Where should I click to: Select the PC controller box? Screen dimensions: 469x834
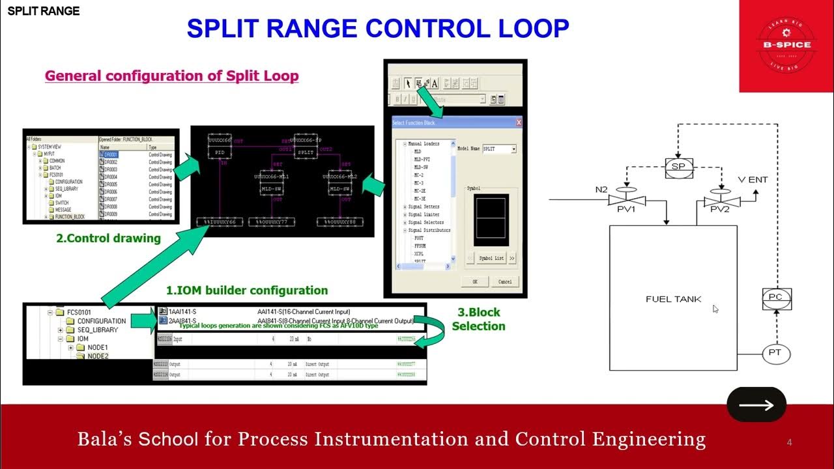775,298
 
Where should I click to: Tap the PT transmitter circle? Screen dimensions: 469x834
775,354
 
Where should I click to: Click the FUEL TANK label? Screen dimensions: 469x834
673,299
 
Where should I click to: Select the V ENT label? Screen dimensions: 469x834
753,180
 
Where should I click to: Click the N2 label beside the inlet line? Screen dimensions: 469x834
601,190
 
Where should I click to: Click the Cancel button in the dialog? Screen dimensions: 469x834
504,281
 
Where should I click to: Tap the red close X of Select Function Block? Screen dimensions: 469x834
519,122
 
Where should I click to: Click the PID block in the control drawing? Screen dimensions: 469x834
219,152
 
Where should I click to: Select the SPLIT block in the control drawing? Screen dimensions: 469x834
305,152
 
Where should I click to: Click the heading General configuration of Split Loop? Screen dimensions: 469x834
171,76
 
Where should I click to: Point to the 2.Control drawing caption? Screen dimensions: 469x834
108,238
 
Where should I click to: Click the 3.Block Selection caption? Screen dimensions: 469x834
478,319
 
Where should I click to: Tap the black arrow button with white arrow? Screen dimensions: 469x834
756,405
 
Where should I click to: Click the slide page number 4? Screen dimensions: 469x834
790,443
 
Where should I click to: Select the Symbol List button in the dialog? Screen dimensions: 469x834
491,258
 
